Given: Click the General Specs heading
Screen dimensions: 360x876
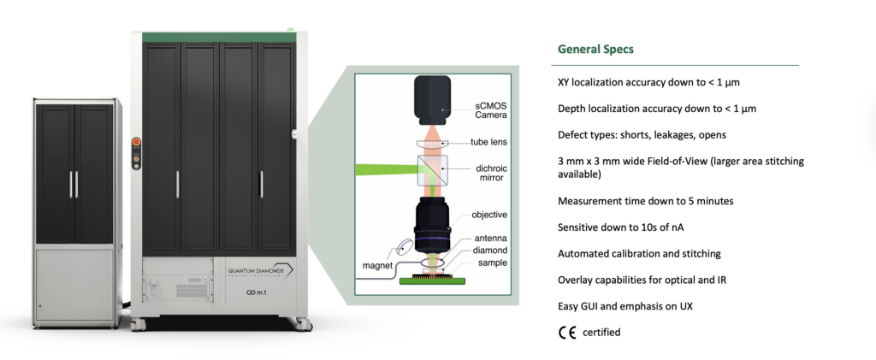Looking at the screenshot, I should pyautogui.click(x=595, y=49).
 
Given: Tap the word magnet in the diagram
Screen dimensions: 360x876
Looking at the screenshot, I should pyautogui.click(x=376, y=265).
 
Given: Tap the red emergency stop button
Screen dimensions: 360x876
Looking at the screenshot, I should pyautogui.click(x=133, y=142).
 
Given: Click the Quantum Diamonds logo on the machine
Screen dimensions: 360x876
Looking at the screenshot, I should pyautogui.click(x=260, y=270).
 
